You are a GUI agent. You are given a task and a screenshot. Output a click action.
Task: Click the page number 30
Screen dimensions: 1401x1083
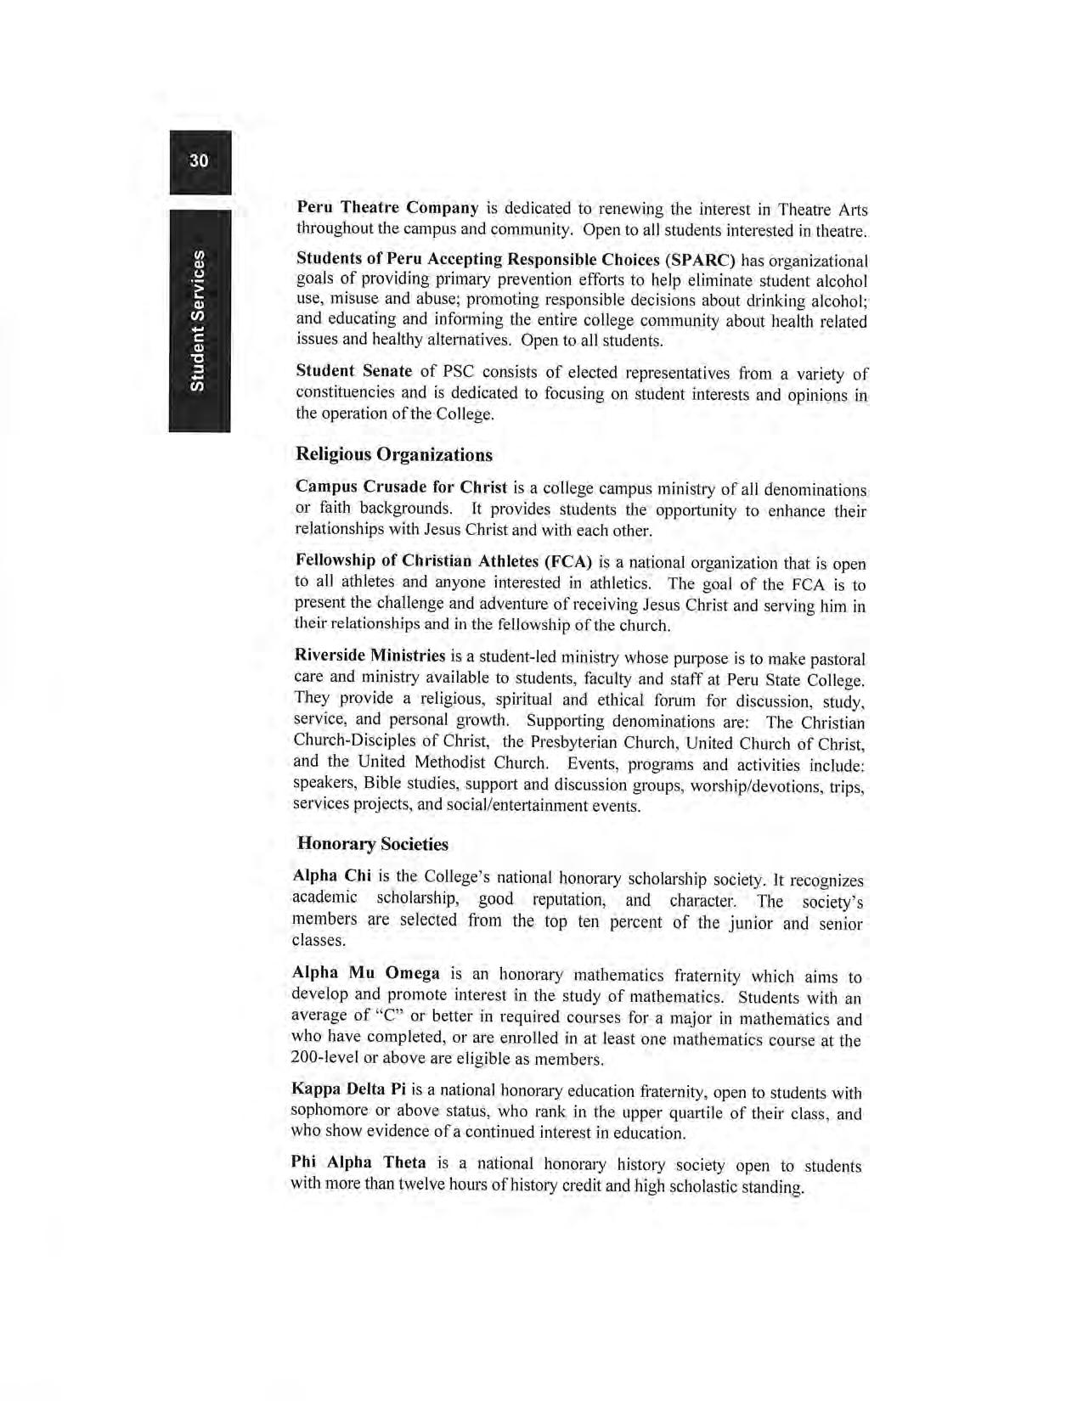[x=199, y=160]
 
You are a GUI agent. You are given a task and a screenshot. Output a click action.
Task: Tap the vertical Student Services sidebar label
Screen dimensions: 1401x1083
[x=199, y=321]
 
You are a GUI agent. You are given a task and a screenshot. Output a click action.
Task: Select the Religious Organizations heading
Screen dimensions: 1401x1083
[x=394, y=454]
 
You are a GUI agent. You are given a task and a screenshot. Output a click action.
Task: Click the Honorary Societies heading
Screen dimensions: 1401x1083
[x=373, y=844]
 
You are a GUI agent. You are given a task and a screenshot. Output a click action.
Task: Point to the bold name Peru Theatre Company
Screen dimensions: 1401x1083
[x=387, y=207]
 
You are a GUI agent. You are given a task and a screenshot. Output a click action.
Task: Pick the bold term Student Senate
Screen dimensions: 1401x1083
[x=353, y=371]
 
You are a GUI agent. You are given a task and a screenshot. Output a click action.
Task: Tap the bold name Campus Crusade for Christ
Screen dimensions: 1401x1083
[x=401, y=487]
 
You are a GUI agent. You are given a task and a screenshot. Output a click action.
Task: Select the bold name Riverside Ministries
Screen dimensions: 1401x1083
[x=369, y=655]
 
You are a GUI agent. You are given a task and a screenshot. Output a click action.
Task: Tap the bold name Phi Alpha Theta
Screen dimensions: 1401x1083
[x=358, y=1162]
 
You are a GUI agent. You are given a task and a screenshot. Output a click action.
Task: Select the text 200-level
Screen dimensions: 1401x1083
[x=322, y=1058]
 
